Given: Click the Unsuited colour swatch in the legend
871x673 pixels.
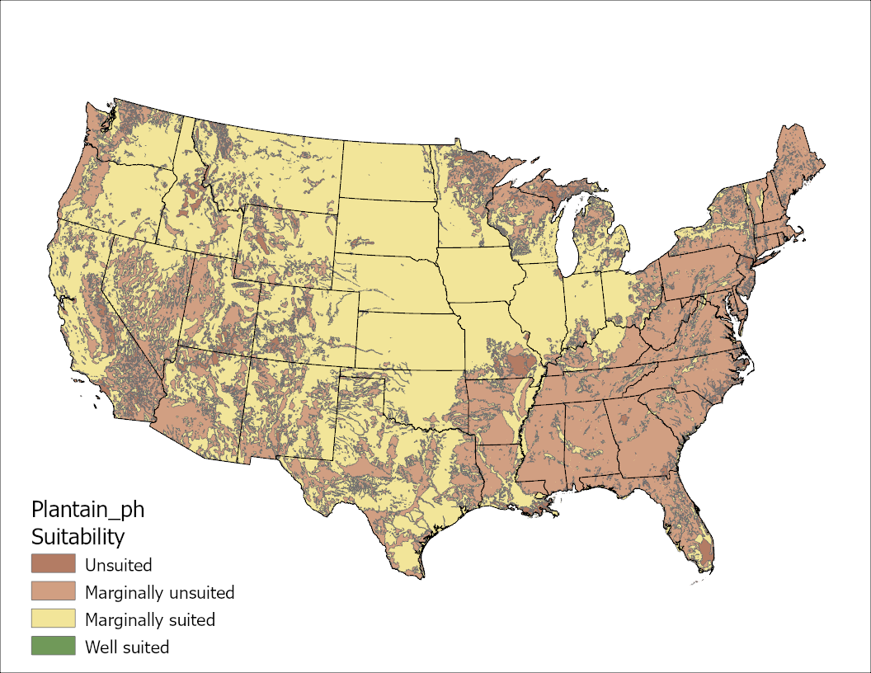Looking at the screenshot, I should (x=53, y=564).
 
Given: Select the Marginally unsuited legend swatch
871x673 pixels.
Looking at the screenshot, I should (x=53, y=591).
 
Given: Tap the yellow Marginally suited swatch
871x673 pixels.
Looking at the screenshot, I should (x=53, y=619).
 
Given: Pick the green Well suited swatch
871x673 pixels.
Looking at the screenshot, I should (x=53, y=646).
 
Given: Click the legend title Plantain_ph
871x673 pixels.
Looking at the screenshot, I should (x=87, y=509).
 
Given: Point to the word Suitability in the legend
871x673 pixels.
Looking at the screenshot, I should (x=78, y=537).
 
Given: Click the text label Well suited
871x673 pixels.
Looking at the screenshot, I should (x=127, y=647).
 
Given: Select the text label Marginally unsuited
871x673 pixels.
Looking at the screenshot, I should (x=160, y=592).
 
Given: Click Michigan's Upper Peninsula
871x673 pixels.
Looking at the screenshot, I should (x=536, y=194).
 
